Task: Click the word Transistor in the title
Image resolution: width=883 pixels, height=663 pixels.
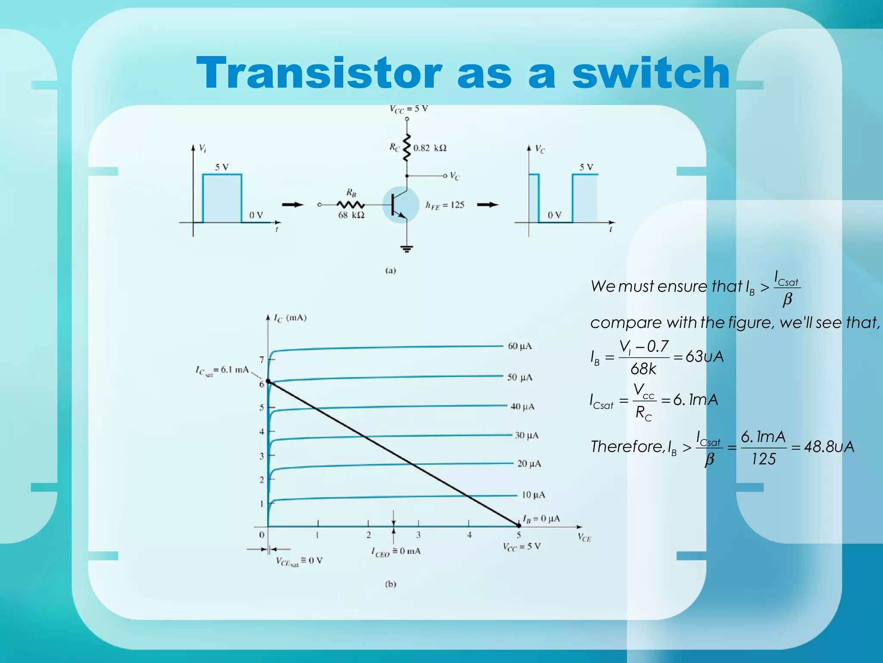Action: (x=319, y=73)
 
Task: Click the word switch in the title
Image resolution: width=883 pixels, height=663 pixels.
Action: (x=651, y=73)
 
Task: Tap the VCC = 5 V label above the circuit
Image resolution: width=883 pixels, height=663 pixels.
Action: (x=409, y=109)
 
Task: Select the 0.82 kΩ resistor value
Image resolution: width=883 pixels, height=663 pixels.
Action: (x=429, y=148)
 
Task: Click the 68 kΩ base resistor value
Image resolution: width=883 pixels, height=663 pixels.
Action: (x=351, y=215)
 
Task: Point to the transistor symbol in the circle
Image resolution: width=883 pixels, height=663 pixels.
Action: (x=400, y=205)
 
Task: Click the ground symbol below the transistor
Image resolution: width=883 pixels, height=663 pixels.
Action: (x=407, y=249)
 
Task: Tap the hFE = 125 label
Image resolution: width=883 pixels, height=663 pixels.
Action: (x=445, y=205)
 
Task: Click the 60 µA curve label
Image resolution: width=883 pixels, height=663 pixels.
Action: (x=520, y=346)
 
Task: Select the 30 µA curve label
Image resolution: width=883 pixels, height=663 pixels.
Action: (x=526, y=435)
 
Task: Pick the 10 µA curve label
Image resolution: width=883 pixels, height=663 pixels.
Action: (x=533, y=495)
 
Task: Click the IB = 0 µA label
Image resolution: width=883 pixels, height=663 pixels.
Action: (x=541, y=518)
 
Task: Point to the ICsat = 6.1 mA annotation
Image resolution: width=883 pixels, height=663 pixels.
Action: (x=222, y=370)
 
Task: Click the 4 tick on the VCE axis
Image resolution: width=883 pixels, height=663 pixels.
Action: (x=469, y=535)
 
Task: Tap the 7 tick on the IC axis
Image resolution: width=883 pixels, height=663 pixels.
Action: (x=262, y=359)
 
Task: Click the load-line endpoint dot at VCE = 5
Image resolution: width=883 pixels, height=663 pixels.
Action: (x=519, y=526)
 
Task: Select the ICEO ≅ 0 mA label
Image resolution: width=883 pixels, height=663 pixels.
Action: (x=396, y=552)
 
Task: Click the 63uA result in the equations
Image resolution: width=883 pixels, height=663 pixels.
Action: (x=705, y=357)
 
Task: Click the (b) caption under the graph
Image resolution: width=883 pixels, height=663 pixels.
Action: (x=390, y=584)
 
